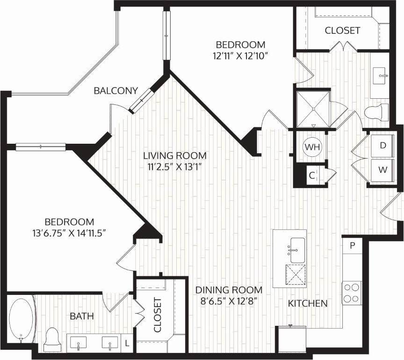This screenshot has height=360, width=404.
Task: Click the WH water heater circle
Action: tap(313, 147)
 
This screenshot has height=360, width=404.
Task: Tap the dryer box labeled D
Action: tap(383, 146)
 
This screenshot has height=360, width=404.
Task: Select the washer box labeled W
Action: tap(383, 170)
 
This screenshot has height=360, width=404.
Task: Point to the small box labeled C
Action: tap(312, 176)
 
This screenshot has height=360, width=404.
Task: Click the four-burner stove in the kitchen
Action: tap(352, 293)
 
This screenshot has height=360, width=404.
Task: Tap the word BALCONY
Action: tap(115, 91)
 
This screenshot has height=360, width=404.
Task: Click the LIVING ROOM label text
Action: tap(175, 155)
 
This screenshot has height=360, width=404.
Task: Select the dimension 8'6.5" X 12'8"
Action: tap(229, 301)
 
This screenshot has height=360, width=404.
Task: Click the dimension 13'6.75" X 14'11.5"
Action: tap(70, 233)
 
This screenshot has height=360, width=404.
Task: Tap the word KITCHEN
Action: tap(307, 303)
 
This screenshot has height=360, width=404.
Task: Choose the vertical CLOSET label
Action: tap(157, 315)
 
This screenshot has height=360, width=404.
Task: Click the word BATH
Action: tap(82, 316)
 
